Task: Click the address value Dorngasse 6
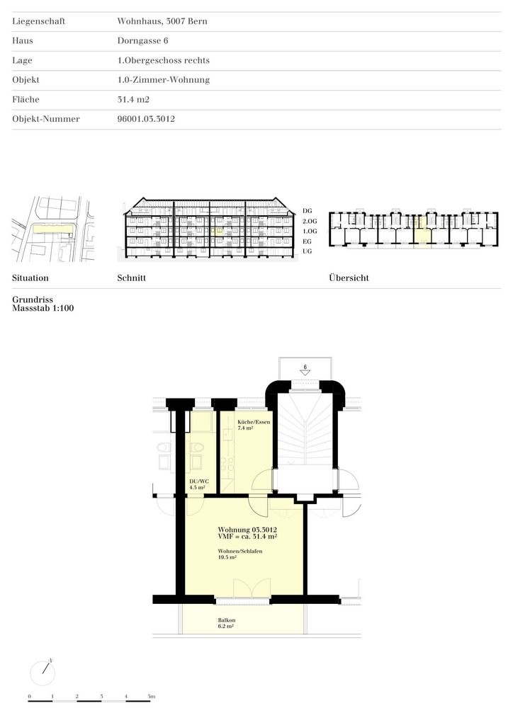click(x=142, y=41)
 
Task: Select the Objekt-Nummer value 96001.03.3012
click(x=146, y=120)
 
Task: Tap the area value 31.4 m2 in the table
click(x=133, y=100)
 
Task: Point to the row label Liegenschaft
click(x=38, y=21)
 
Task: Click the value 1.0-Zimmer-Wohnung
click(x=163, y=80)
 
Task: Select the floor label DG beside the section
click(x=307, y=211)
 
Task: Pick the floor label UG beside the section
click(x=307, y=251)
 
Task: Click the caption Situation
click(x=30, y=278)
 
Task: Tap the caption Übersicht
click(x=349, y=278)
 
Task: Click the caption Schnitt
click(x=131, y=278)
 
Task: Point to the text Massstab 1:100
click(x=43, y=309)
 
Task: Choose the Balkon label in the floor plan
click(x=227, y=620)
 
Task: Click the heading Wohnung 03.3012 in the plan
click(x=247, y=530)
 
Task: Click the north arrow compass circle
click(x=43, y=671)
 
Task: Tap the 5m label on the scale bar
click(x=152, y=697)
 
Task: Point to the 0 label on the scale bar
click(x=29, y=697)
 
